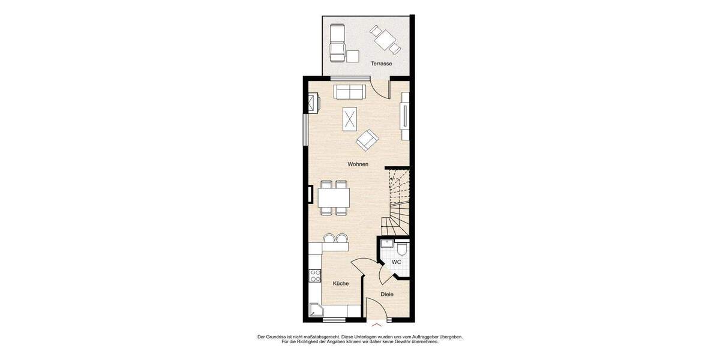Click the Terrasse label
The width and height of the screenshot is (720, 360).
point(382,64)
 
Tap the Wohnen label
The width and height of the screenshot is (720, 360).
point(358,164)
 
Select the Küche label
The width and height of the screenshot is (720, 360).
point(341,283)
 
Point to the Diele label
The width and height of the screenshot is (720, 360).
point(387,294)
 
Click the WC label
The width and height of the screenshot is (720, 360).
point(396,262)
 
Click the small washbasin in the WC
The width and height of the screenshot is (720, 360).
point(387,244)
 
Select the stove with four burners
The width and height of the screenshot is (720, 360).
point(315,276)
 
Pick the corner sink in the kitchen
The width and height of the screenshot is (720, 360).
point(316,310)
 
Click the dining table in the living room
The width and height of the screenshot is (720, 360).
point(334,197)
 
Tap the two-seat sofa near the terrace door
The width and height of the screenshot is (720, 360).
point(350,92)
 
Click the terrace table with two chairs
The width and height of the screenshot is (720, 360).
point(385,39)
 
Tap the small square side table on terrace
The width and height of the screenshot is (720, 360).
point(353,56)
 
